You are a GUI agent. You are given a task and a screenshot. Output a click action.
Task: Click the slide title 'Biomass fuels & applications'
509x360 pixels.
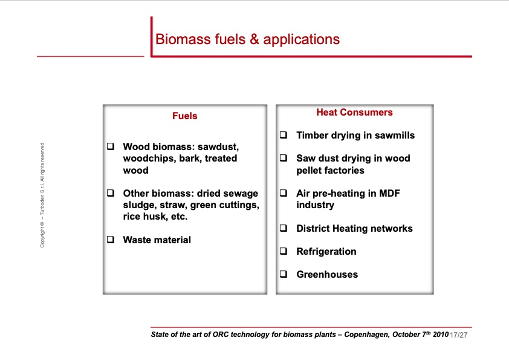click(247, 40)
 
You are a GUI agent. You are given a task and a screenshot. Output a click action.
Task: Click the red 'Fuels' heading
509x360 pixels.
click(184, 116)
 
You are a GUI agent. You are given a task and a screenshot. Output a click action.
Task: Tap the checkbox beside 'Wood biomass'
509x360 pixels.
click(111, 147)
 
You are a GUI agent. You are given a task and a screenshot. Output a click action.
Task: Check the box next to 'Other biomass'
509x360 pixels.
click(111, 194)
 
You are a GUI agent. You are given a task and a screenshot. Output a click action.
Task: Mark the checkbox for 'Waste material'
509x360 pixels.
click(111, 240)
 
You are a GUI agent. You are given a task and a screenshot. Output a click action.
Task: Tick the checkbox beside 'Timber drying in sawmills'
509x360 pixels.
click(283, 136)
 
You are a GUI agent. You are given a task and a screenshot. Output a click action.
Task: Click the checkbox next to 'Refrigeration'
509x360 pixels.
click(283, 251)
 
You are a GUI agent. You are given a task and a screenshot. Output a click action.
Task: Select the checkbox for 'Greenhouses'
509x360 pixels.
click(283, 274)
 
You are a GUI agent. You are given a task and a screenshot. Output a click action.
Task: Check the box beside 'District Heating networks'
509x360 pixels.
click(283, 229)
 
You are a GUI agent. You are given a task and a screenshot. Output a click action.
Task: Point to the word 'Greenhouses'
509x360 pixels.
click(326, 275)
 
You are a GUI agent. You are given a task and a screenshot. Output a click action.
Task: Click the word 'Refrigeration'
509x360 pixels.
click(326, 252)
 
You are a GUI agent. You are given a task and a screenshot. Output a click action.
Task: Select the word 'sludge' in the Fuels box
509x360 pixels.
click(138, 205)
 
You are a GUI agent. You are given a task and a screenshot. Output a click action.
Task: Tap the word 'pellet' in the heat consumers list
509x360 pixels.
click(310, 171)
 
